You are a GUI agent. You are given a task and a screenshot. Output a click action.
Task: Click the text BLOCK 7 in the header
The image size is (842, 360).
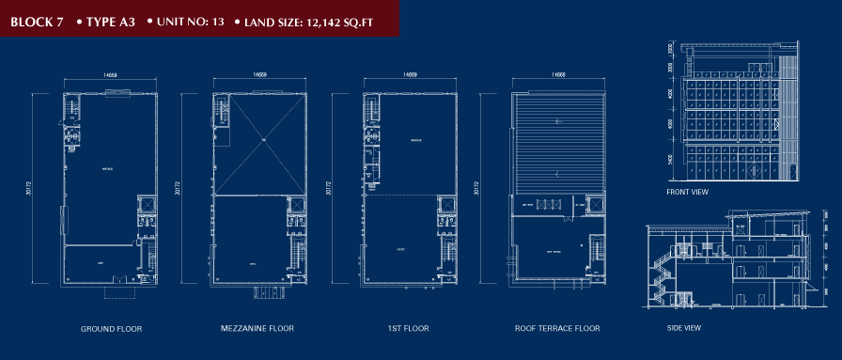[x=37, y=19]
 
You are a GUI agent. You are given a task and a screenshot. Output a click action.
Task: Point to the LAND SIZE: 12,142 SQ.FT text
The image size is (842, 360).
[x=309, y=19]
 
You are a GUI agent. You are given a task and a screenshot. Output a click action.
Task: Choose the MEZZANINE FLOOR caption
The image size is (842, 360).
[x=257, y=329]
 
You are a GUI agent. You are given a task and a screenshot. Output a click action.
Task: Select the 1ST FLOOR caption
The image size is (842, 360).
[x=409, y=329]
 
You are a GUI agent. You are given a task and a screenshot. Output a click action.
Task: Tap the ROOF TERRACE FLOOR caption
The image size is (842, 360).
[x=557, y=329]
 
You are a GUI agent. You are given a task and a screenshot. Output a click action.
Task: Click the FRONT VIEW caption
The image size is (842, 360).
[x=688, y=192]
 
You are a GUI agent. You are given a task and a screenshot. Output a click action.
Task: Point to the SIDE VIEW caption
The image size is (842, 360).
[x=683, y=328]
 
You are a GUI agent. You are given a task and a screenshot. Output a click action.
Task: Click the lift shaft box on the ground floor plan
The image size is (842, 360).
[x=148, y=204]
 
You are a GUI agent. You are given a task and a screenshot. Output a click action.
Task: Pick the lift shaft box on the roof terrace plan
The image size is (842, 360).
[x=595, y=204]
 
